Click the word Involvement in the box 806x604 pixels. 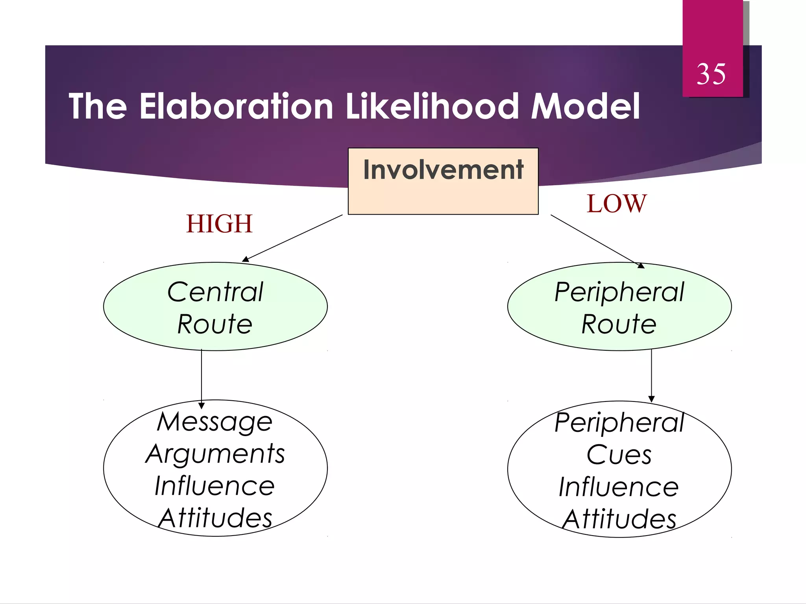(443, 170)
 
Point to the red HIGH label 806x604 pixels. (219, 224)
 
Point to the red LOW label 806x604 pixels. (616, 204)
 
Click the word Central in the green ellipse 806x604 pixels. (215, 292)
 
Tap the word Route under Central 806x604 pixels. (215, 324)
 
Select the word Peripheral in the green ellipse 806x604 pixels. (619, 292)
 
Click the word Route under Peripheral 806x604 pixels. (619, 324)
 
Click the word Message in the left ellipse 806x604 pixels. (215, 422)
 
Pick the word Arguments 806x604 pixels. (215, 454)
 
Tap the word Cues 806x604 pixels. (619, 455)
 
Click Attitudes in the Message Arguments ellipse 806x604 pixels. (215, 518)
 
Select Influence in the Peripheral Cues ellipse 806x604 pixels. (619, 487)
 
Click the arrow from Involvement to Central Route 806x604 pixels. (292, 238)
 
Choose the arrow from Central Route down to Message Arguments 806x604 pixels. (201, 377)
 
